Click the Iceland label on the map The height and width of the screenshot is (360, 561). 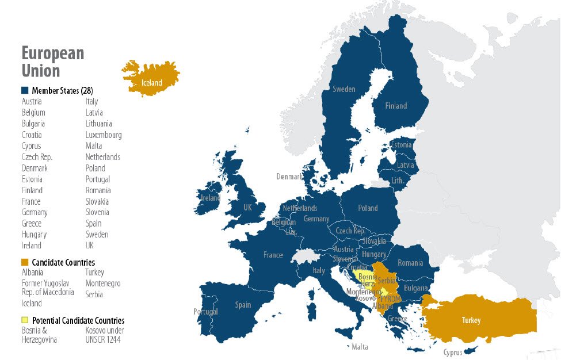[x=152, y=83]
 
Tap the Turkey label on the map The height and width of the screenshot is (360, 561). [x=470, y=320]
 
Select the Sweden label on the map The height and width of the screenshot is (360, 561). [x=344, y=89]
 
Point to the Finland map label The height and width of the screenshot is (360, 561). [x=395, y=106]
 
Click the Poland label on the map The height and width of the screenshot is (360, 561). [x=368, y=208]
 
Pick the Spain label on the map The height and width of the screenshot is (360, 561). [x=243, y=305]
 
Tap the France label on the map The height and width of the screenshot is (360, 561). [x=273, y=255]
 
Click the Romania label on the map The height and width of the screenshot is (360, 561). [x=410, y=263]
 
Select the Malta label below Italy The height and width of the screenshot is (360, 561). [x=360, y=347]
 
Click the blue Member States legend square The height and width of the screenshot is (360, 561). [x=25, y=90]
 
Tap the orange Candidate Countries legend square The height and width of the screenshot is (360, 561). [x=25, y=262]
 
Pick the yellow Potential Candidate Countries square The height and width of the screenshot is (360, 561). [x=25, y=320]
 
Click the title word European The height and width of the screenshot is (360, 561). [x=53, y=53]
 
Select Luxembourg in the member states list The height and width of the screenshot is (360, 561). [x=104, y=135]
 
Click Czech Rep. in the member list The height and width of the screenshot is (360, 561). [x=37, y=157]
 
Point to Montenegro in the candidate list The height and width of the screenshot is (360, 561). [x=103, y=284]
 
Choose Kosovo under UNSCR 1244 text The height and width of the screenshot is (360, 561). [x=105, y=335]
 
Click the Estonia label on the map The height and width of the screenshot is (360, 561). [x=401, y=145]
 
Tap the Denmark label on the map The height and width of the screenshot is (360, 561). [x=289, y=177]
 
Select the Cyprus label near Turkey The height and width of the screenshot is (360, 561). [x=453, y=353]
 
